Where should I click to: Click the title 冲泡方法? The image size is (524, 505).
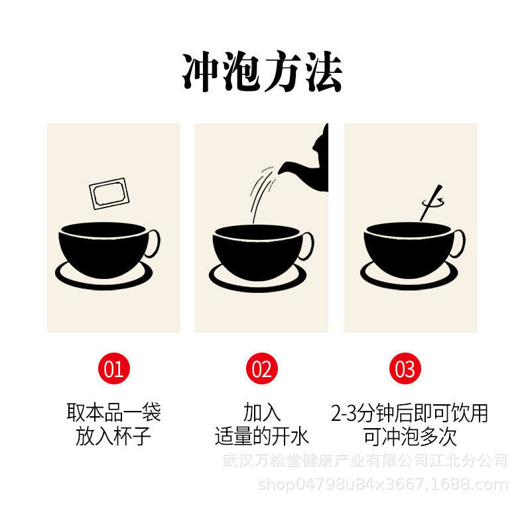(262, 72)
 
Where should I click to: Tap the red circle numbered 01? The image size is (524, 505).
(113, 368)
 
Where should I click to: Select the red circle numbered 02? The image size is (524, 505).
(261, 368)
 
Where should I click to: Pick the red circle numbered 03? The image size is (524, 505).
(405, 368)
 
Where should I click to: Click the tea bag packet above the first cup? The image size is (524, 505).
(109, 194)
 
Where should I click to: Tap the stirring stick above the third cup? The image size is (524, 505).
(431, 203)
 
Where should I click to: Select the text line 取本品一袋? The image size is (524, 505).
(113, 412)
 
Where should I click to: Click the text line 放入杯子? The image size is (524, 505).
(113, 436)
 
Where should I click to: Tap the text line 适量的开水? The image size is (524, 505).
(261, 436)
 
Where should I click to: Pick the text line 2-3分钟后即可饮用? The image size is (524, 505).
(410, 413)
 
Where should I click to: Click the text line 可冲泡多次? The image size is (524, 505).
(410, 436)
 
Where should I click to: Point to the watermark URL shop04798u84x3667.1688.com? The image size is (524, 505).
(383, 484)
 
